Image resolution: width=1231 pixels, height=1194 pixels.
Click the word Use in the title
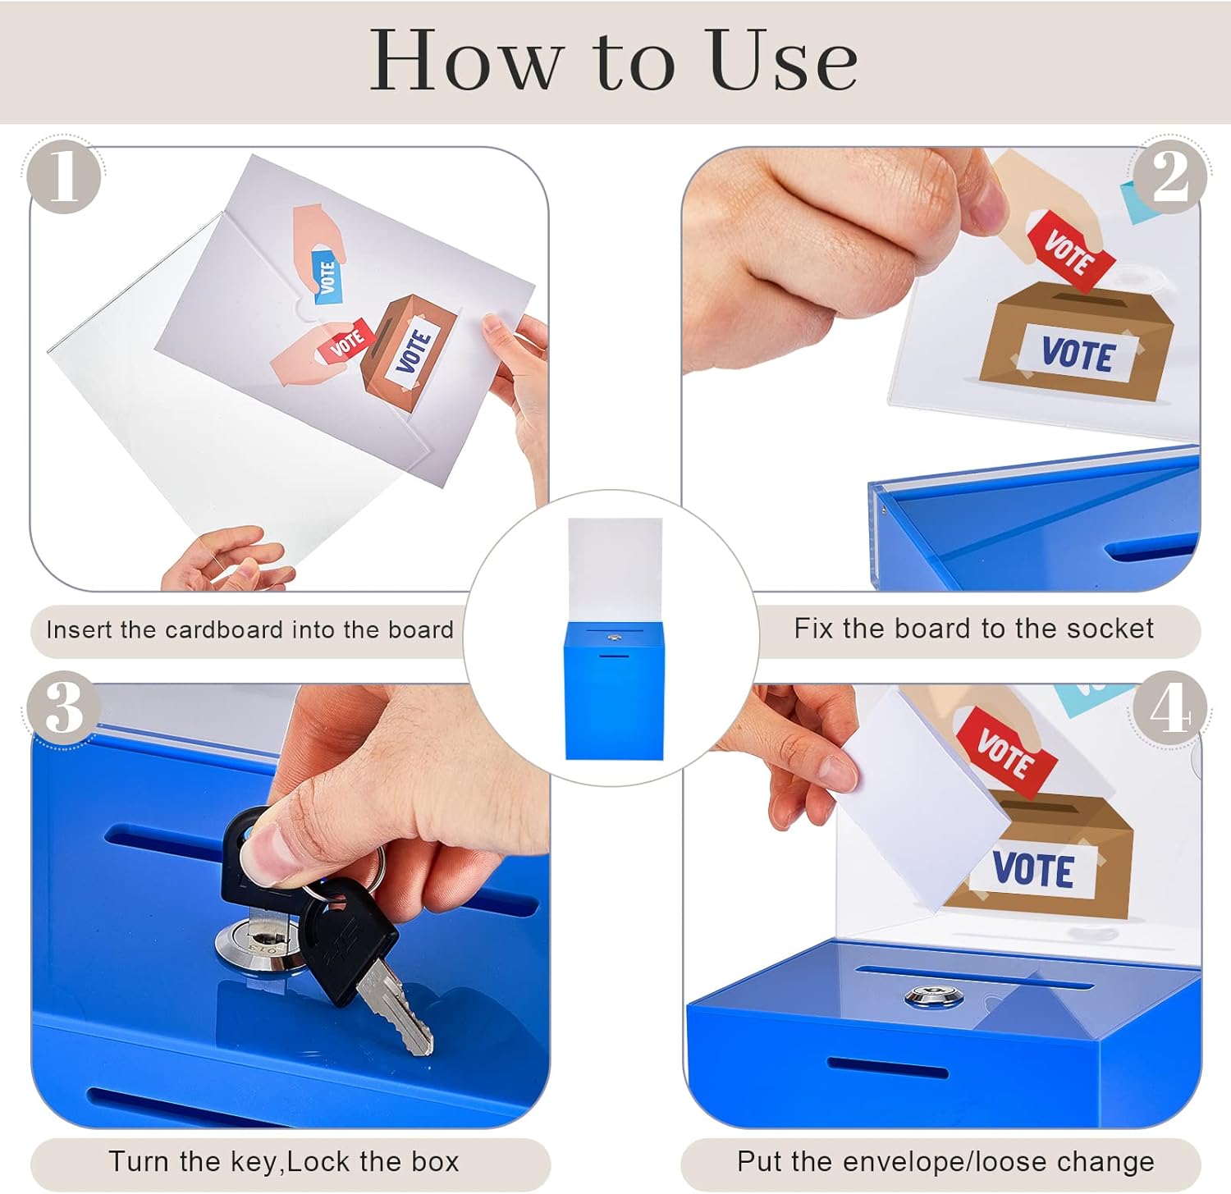(x=783, y=60)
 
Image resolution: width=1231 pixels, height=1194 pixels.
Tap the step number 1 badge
(x=64, y=176)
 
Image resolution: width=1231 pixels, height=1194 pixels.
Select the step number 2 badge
(x=1169, y=176)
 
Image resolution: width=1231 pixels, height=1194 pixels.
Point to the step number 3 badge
(x=64, y=707)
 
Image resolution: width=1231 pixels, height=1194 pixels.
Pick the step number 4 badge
(x=1169, y=707)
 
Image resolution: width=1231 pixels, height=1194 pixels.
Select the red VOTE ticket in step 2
(x=1071, y=251)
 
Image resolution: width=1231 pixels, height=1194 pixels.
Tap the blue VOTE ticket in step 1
(x=327, y=277)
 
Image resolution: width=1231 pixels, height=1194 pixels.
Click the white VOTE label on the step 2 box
(x=1077, y=355)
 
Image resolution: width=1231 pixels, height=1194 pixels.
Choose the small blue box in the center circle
(x=614, y=690)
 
